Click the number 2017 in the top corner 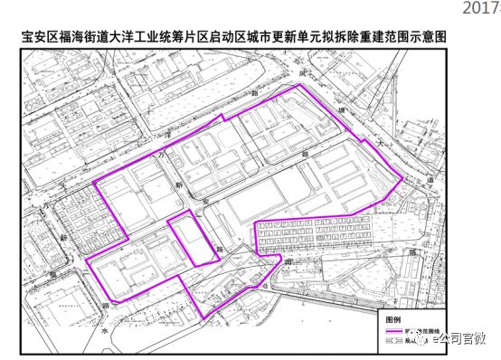point(482,8)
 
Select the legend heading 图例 point(387,319)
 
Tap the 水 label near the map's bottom point(105,333)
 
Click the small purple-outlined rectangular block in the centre point(193,238)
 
